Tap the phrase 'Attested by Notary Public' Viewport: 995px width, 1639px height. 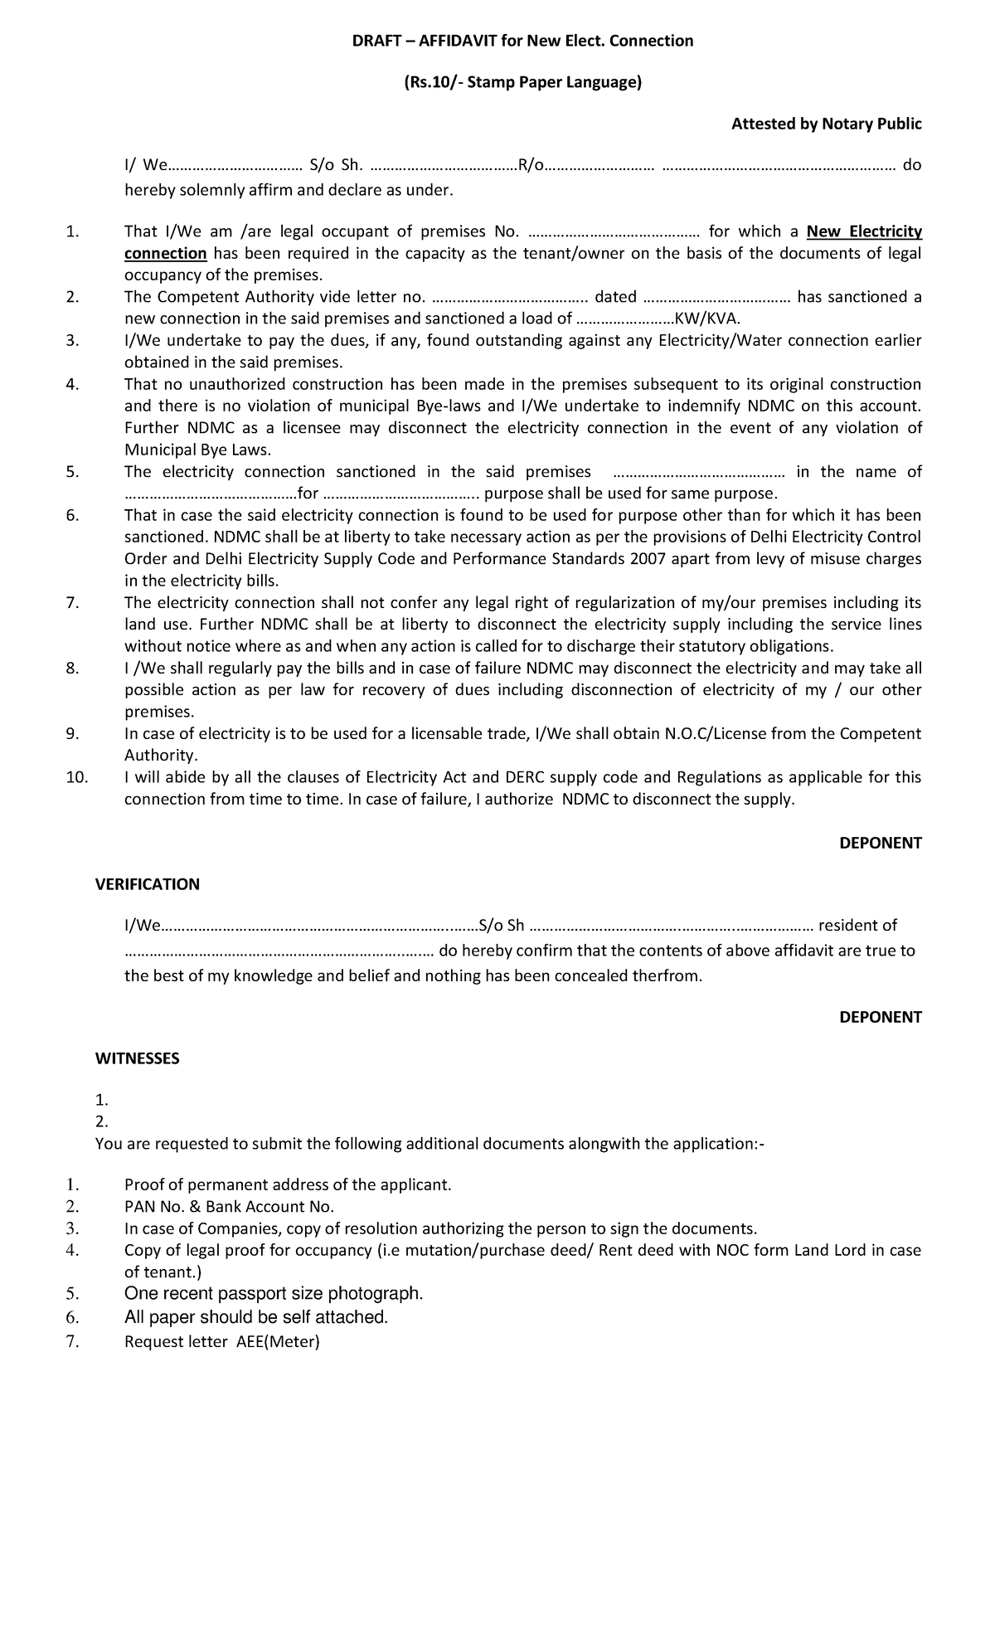coord(826,124)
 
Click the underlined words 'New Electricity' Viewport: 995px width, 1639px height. coord(864,231)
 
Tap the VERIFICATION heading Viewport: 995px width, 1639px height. coord(148,884)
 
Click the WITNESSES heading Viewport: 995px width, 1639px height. coord(137,1058)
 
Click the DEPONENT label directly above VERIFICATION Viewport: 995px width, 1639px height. coord(880,843)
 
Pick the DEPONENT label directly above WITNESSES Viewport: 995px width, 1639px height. coord(880,1017)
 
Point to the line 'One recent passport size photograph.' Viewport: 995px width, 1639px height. coord(274,1294)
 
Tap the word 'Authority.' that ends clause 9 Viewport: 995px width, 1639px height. coord(161,755)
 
